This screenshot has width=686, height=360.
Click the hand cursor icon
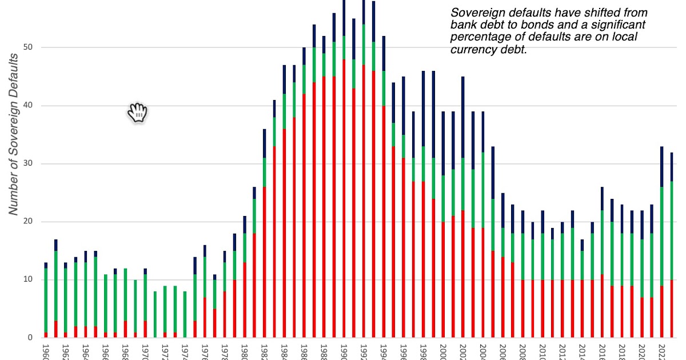coord(137,113)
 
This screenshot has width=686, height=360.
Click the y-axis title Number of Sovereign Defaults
coord(14,134)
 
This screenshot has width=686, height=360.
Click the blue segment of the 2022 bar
coord(661,166)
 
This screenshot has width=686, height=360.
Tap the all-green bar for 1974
coord(185,314)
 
